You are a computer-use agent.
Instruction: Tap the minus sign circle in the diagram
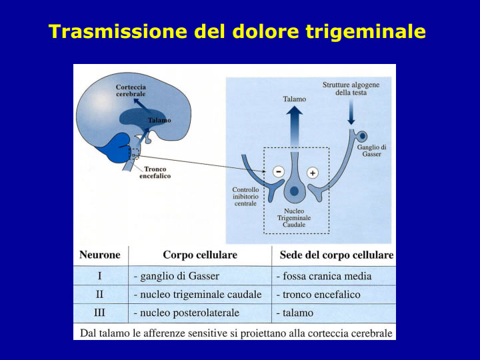(279, 172)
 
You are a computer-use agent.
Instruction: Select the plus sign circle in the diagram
(313, 173)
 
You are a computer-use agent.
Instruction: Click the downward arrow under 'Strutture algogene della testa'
(351, 113)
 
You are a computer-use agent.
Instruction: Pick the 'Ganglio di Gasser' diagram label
(371, 151)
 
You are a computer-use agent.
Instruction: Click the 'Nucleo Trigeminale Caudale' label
(294, 217)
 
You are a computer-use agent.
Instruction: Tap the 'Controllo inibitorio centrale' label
(245, 197)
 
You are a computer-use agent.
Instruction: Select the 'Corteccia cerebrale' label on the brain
(131, 91)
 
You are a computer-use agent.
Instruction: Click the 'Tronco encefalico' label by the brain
(155, 173)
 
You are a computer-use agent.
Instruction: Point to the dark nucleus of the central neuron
(294, 191)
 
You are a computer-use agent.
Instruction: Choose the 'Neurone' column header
(100, 255)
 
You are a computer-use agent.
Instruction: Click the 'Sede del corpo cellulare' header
(337, 255)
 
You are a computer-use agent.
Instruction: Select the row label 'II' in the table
(99, 295)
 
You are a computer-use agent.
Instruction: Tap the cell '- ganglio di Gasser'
(177, 276)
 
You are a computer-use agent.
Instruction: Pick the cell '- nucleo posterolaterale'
(187, 313)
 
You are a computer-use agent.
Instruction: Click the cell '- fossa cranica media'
(324, 276)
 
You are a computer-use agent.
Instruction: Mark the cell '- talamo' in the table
(295, 313)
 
